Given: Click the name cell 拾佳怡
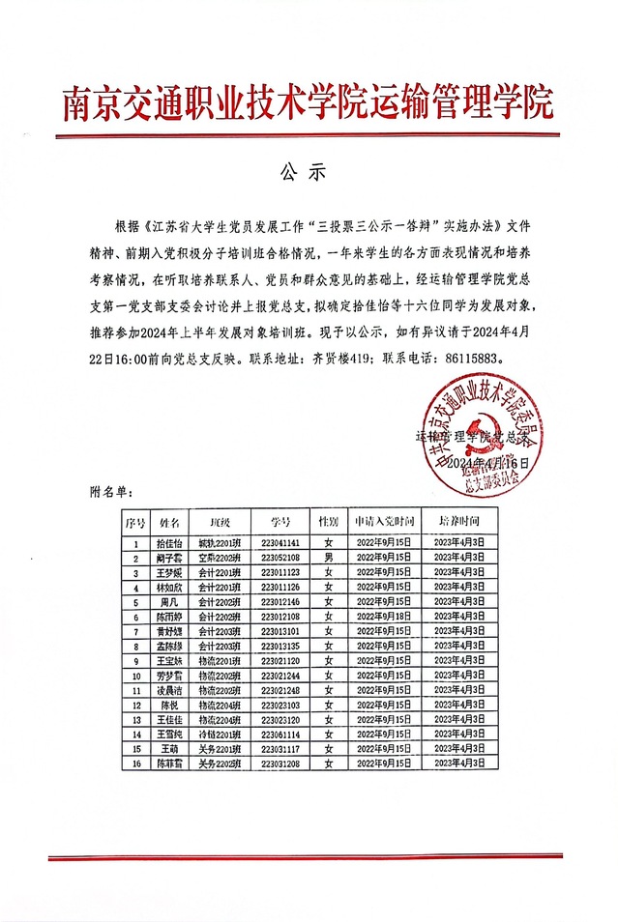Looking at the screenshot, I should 170,543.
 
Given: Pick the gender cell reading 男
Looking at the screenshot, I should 329,558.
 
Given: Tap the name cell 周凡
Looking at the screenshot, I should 170,601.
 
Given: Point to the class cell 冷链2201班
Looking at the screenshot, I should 219,734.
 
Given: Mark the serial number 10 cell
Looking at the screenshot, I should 135,675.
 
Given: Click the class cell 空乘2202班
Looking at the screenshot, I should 219,558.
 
